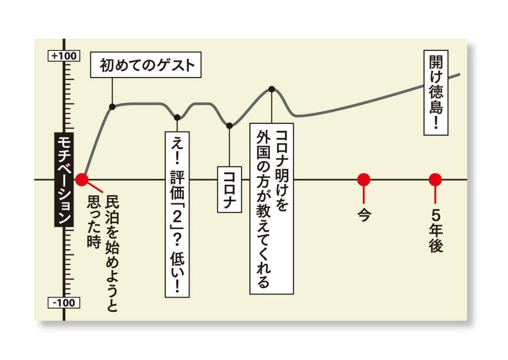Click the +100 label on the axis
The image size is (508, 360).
pos(63,56)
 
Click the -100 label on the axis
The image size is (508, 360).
pos(63,303)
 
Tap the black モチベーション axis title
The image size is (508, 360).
pos(62,179)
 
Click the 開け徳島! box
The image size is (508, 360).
pos(436,92)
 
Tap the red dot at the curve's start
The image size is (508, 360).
pos(82,179)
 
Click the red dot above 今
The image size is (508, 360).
pos(363,179)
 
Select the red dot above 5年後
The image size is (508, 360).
pos(435,179)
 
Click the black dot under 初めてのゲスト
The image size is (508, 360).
pos(112,106)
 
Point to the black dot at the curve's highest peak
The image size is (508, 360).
pos(272,89)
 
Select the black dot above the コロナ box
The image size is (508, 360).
pos(229,126)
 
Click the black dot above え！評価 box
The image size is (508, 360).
pos(177,117)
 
